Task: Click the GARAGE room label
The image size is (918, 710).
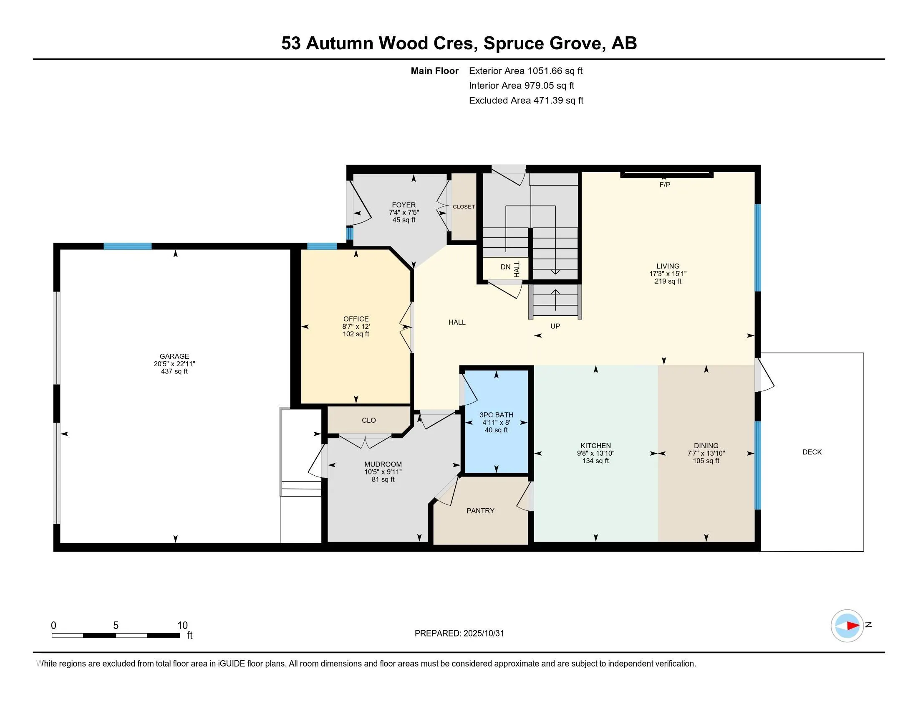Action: click(174, 356)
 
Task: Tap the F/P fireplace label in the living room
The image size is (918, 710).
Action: click(665, 185)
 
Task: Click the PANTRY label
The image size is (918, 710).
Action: click(480, 511)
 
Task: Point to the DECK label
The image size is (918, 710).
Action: click(812, 452)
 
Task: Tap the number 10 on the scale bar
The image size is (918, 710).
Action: click(182, 626)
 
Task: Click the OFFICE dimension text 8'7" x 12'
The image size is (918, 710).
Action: click(356, 327)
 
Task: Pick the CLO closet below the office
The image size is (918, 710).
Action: click(368, 420)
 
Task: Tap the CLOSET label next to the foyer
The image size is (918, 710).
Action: click(464, 207)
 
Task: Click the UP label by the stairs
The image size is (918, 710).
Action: click(555, 326)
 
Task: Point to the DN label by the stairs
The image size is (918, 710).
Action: click(505, 267)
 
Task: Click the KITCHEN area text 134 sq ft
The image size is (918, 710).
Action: click(595, 461)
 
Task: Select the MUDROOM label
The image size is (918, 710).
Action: click(383, 464)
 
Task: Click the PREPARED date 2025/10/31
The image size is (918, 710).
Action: click(483, 634)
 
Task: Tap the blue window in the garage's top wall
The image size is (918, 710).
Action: click(127, 246)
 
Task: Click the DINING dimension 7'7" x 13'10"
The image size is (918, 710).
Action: click(706, 454)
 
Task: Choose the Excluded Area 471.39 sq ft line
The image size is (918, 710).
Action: click(526, 101)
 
